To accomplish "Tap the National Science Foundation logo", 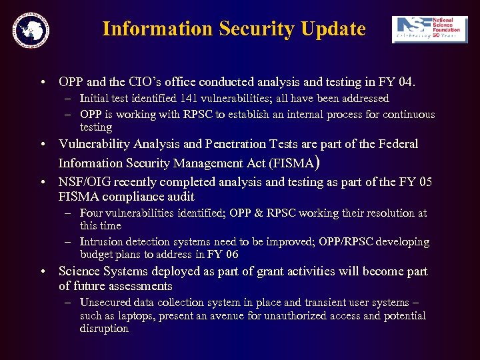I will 425,30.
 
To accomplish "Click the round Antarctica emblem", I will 31,29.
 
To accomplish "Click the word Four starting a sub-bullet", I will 91,213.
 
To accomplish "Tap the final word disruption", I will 104,329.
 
